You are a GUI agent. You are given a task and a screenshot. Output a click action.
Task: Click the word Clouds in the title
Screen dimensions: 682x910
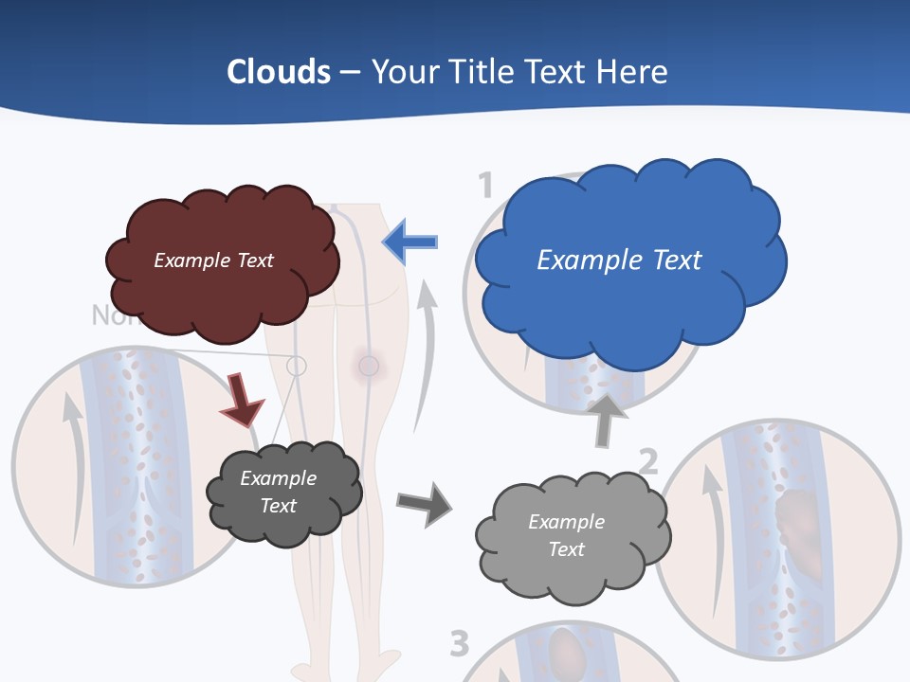click(x=279, y=72)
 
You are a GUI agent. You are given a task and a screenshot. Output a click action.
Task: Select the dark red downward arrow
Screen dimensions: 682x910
click(x=241, y=399)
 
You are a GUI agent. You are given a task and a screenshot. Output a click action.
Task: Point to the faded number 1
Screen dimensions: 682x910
click(x=485, y=185)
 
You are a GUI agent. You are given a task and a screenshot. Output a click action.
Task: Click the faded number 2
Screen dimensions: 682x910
click(x=647, y=461)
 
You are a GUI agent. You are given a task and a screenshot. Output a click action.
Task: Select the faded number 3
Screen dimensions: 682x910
click(x=459, y=644)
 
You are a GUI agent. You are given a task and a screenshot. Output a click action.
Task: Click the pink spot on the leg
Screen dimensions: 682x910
click(x=368, y=366)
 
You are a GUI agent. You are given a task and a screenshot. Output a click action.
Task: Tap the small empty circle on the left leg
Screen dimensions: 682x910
click(x=297, y=365)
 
